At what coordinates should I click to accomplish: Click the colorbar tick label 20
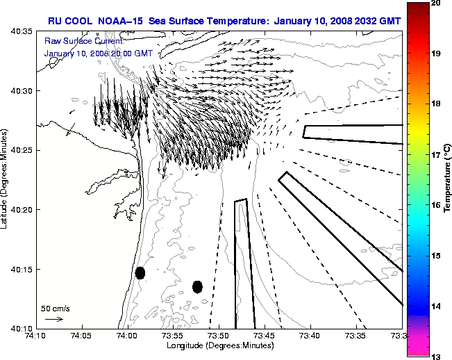click(437, 3)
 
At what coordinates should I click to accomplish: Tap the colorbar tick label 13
click(437, 356)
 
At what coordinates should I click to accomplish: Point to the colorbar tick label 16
click(437, 205)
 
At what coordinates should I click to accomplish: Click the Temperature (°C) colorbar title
click(447, 179)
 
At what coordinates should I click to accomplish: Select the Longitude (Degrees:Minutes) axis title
click(218, 345)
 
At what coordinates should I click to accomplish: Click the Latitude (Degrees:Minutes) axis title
click(6, 179)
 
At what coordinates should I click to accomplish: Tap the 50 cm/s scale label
click(54, 308)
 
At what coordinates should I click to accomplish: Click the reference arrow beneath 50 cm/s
click(54, 319)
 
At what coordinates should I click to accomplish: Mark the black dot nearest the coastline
click(140, 272)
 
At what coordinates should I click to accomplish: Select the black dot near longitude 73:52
click(197, 286)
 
